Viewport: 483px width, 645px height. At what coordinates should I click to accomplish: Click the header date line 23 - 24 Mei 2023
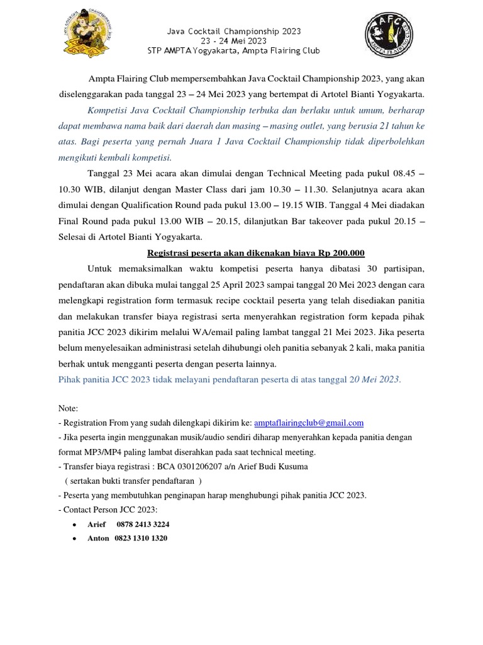click(x=233, y=40)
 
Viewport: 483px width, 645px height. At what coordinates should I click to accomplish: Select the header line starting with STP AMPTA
click(x=233, y=50)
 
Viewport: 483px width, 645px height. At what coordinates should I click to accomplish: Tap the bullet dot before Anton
click(x=75, y=539)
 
